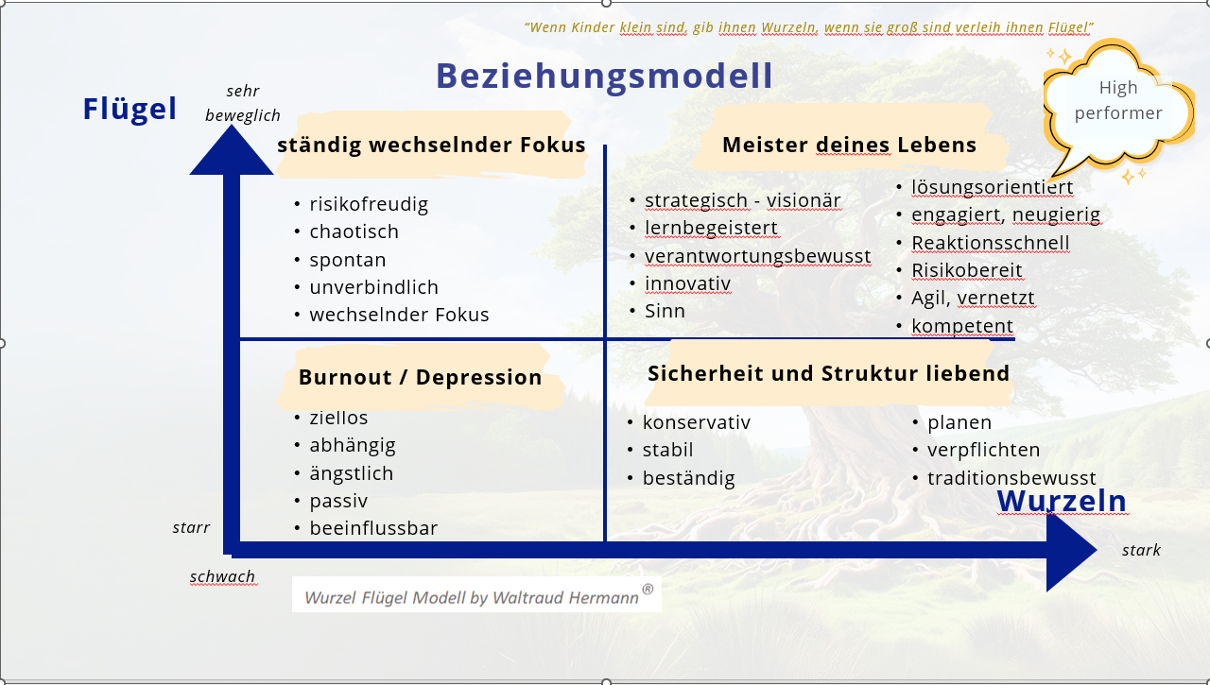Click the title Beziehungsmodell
[604, 77]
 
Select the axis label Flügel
[130, 110]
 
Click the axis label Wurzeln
[1062, 501]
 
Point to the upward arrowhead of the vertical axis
[232, 151]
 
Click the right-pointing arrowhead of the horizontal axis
[1071, 550]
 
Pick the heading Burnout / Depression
[420, 377]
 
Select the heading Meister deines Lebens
[849, 145]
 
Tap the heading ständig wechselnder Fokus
[431, 145]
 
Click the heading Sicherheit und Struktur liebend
[829, 373]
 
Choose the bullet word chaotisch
[354, 231]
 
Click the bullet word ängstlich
[352, 473]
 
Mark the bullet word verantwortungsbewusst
[757, 256]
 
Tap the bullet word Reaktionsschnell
[990, 243]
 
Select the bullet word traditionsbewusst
[1011, 478]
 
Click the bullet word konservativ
[697, 422]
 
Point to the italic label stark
[1141, 550]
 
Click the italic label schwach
[222, 576]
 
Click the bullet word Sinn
[665, 311]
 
